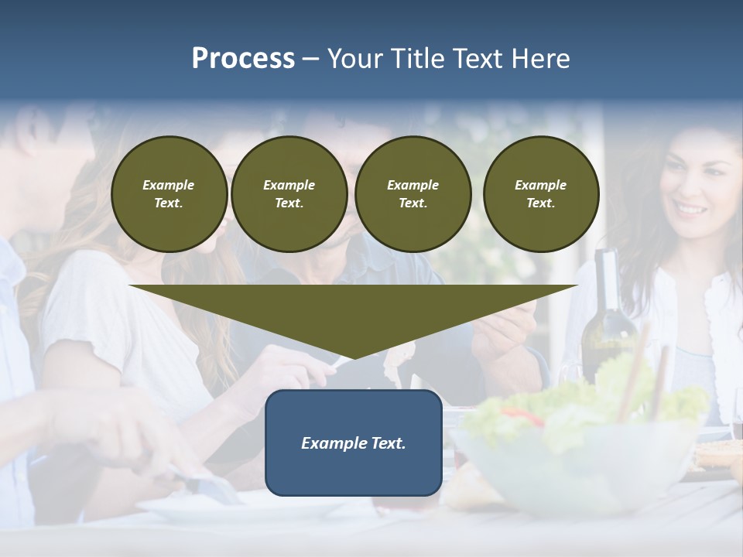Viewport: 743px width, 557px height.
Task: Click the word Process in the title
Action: click(243, 59)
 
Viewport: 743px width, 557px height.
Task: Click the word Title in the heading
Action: click(414, 59)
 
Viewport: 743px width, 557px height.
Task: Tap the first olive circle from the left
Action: click(169, 194)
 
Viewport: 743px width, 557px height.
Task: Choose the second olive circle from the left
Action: click(289, 194)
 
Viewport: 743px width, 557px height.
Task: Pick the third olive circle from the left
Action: click(413, 194)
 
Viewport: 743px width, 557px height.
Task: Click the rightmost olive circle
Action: click(541, 194)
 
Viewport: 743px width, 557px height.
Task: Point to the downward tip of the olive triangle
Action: click(354, 357)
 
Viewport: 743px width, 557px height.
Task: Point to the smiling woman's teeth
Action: click(691, 210)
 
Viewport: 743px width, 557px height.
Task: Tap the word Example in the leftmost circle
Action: click(169, 185)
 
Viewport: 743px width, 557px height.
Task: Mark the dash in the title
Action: click(310, 59)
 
